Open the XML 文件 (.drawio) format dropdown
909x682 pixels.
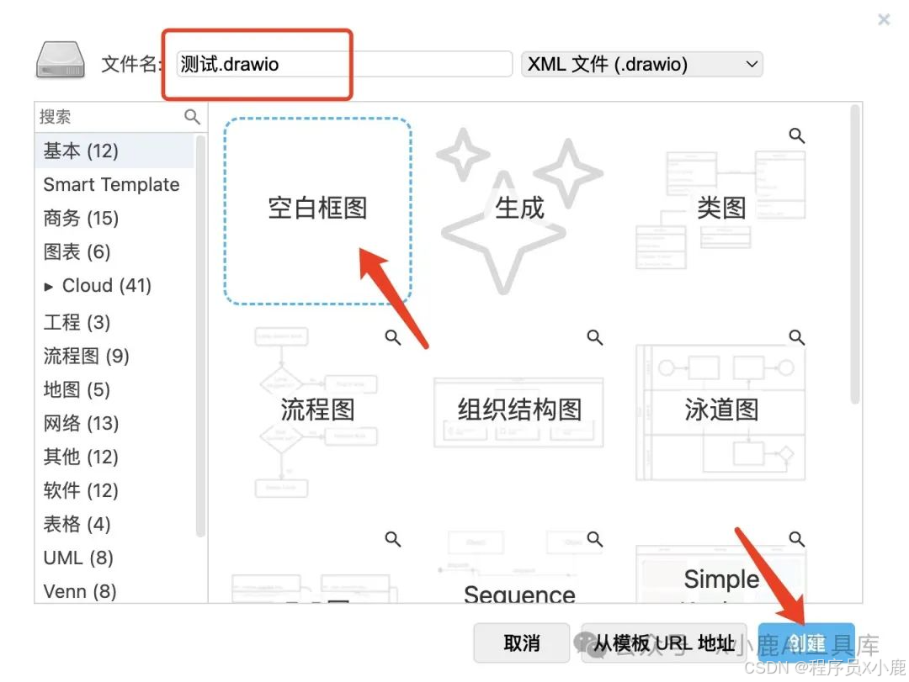click(x=641, y=65)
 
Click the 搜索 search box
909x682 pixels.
click(x=109, y=117)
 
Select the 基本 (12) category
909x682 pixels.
click(x=81, y=151)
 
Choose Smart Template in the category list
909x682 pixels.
click(x=111, y=185)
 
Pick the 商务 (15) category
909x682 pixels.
click(x=81, y=219)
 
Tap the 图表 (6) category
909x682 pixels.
click(x=77, y=252)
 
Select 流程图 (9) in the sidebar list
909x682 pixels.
click(x=86, y=357)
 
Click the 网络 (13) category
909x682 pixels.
click(x=81, y=424)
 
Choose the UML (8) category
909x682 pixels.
click(x=77, y=558)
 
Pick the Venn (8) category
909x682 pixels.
click(x=79, y=592)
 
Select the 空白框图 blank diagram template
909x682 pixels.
click(x=317, y=209)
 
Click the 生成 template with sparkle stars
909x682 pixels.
click(x=519, y=209)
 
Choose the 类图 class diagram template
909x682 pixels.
click(x=721, y=209)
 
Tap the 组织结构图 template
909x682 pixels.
click(x=519, y=410)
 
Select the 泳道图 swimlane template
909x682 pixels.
click(x=721, y=410)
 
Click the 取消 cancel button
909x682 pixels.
click(x=522, y=643)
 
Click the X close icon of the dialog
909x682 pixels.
click(x=884, y=19)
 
